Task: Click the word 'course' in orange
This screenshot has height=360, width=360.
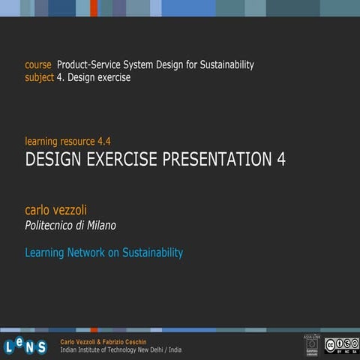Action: click(x=39, y=65)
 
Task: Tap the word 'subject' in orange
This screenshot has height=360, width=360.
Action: click(x=39, y=77)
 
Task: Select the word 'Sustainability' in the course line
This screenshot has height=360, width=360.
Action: click(x=223, y=65)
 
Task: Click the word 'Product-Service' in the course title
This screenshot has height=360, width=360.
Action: click(x=91, y=65)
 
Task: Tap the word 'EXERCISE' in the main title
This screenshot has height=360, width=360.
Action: click(x=121, y=159)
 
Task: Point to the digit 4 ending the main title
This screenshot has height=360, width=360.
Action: click(x=280, y=159)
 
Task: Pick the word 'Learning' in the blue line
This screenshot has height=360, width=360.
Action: click(x=44, y=253)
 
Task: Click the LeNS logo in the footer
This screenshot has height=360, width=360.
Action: click(x=25, y=345)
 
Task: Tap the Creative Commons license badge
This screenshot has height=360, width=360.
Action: click(x=341, y=344)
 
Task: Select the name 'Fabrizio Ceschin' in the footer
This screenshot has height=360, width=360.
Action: click(x=133, y=341)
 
